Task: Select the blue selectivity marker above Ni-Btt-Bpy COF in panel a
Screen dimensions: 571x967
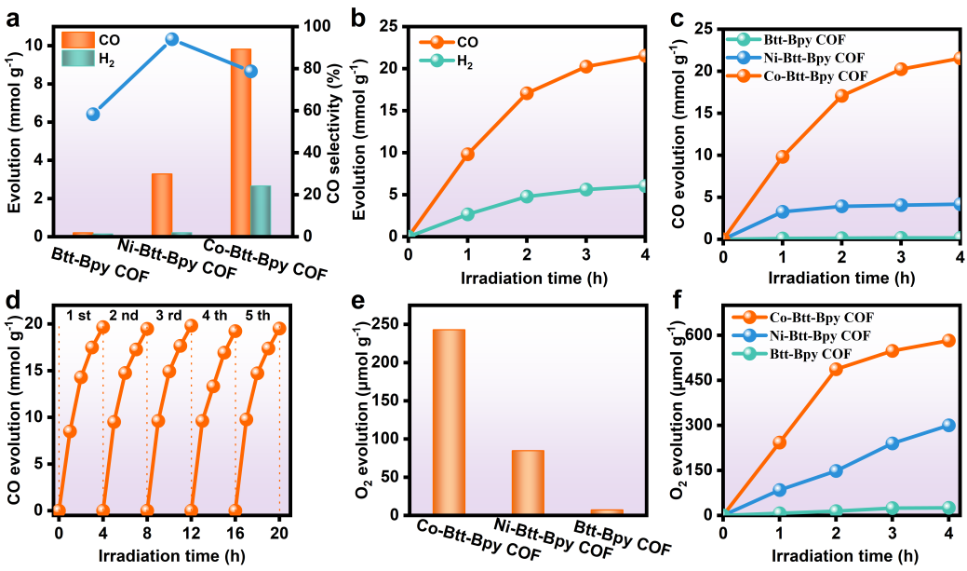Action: (x=171, y=39)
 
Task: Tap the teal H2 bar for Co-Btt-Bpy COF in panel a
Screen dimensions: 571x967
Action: (x=262, y=210)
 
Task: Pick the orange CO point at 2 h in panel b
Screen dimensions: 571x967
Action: (x=527, y=93)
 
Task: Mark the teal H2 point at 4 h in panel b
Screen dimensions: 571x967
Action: (x=646, y=186)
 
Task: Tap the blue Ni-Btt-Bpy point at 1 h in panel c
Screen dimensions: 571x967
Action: (x=782, y=211)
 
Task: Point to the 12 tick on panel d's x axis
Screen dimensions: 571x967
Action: (x=191, y=533)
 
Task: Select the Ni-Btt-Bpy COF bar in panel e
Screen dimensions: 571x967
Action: (x=528, y=482)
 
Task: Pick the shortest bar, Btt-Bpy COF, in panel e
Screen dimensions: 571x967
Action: (x=607, y=511)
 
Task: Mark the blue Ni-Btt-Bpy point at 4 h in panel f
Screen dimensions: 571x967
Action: (x=948, y=425)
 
